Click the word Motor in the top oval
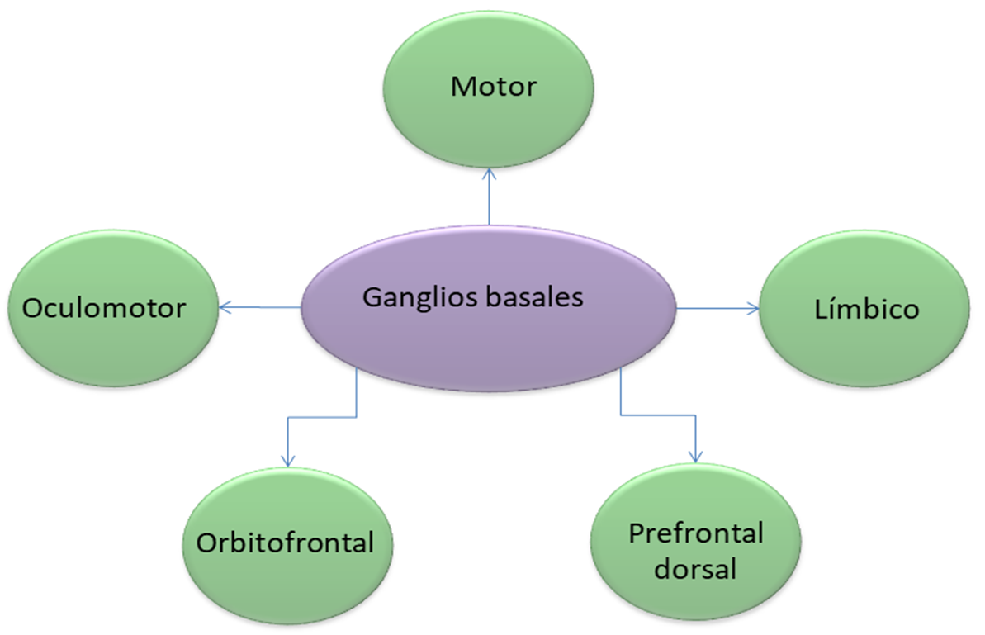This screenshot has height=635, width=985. point(494,86)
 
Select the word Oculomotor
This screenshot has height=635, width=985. point(105,308)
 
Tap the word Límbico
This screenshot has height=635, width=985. point(866,309)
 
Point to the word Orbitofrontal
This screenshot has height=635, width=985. point(286,543)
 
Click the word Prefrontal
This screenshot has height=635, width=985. point(696,533)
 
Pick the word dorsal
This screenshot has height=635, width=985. point(696,569)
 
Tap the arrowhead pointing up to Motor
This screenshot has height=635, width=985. point(490,174)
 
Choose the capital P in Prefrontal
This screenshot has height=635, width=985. point(636,533)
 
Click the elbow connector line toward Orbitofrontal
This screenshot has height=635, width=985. point(322,417)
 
